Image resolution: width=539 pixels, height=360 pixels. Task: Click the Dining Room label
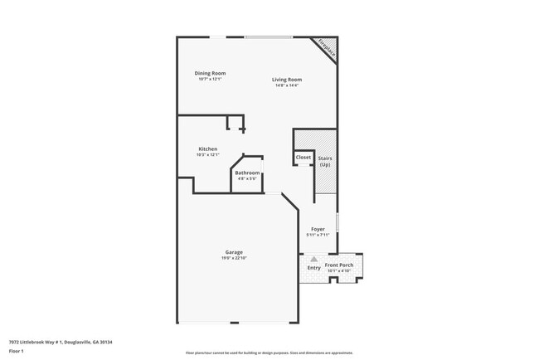210,73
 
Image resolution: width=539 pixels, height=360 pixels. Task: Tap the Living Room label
286,80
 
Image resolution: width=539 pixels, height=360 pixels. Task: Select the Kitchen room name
207,149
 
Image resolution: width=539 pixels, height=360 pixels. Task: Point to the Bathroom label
247,173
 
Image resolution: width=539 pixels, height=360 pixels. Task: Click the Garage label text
234,252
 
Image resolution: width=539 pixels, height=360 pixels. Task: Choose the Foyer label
318,229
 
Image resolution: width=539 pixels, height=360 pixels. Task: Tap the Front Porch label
339,265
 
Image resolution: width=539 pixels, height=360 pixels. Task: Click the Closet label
303,157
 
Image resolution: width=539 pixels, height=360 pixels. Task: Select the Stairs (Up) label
325,160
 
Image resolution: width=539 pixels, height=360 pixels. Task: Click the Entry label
314,268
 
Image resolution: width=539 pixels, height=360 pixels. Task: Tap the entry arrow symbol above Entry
314,259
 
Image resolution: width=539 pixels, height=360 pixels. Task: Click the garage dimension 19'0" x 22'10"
234,258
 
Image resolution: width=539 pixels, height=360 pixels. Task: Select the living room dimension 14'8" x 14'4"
286,85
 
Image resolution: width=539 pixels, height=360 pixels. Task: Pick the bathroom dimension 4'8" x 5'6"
247,178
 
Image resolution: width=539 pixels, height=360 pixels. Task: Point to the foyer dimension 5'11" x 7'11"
318,235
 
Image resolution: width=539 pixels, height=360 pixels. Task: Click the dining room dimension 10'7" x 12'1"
210,79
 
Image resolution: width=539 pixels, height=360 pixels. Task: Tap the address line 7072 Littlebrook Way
61,342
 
